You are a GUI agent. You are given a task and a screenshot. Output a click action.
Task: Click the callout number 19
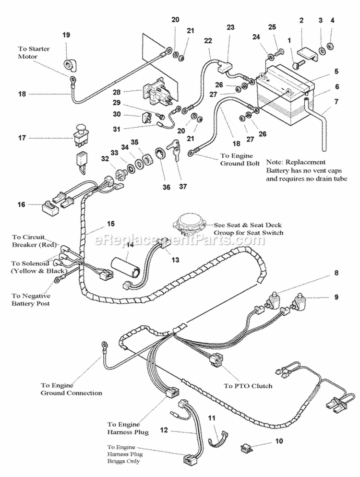click(x=66, y=35)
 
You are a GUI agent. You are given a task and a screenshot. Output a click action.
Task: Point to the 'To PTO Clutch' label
click(x=248, y=385)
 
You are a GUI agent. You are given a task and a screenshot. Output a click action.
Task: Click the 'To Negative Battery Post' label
click(x=32, y=299)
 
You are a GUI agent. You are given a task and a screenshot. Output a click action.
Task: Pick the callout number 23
click(x=230, y=27)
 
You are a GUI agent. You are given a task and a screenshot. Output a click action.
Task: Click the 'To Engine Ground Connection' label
click(x=71, y=389)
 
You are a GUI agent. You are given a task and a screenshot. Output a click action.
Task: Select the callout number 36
click(x=166, y=187)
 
